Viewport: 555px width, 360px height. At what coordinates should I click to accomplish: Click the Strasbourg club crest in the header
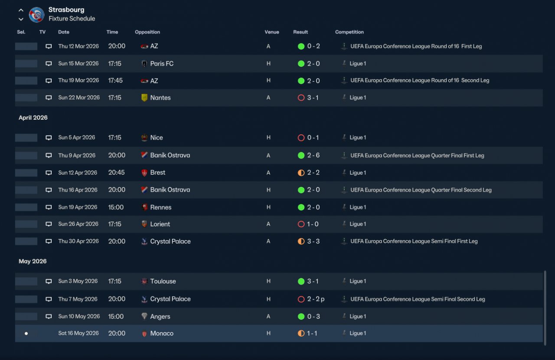[37, 15]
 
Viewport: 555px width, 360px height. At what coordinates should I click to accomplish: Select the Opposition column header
[147, 32]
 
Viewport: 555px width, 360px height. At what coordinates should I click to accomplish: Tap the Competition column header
[349, 32]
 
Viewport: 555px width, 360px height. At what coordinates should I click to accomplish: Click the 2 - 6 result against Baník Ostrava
[313, 155]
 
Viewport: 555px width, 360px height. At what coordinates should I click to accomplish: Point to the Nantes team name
[160, 98]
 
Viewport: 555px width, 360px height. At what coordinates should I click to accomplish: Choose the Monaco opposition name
[162, 333]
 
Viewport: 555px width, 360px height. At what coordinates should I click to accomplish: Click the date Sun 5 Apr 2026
[77, 137]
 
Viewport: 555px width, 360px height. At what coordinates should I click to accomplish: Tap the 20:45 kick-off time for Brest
[117, 173]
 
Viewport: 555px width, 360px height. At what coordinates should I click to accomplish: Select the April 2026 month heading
[33, 118]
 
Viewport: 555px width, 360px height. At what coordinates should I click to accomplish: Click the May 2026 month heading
[33, 261]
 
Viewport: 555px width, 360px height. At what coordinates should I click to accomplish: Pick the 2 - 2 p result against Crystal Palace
[316, 299]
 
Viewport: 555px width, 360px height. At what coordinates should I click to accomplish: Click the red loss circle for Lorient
[301, 224]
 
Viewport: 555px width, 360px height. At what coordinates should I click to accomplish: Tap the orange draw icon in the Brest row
[301, 173]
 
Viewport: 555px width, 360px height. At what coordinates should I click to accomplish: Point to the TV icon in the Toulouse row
[49, 281]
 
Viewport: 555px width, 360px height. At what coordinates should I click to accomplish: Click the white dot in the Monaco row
[26, 334]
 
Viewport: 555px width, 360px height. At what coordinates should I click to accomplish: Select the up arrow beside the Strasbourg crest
[21, 10]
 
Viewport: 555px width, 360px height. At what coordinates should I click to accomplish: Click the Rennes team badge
[144, 207]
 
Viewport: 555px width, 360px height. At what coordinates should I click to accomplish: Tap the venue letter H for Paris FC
[268, 64]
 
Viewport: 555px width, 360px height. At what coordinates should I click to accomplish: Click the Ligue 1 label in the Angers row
[358, 316]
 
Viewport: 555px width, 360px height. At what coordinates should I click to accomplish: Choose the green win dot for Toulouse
[301, 281]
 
